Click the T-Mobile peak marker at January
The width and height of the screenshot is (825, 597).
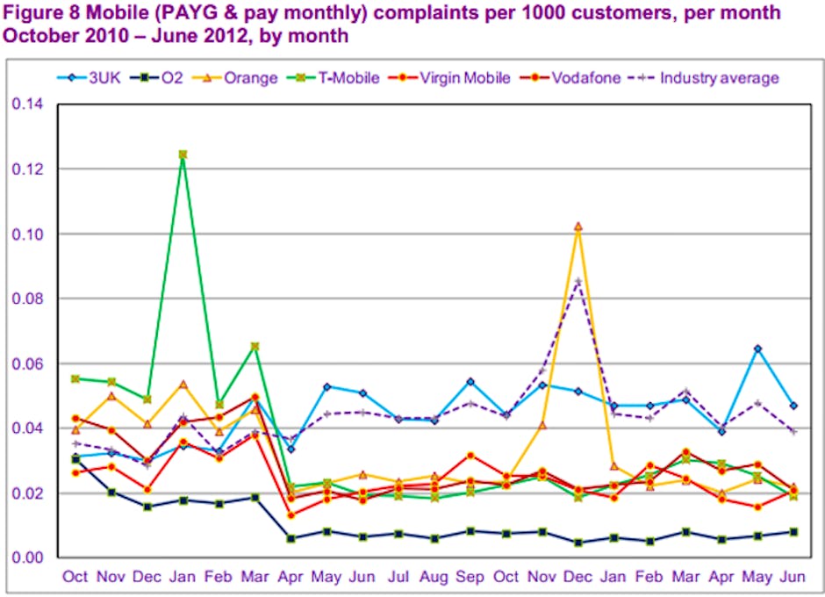183,155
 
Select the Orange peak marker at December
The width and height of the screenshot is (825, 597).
577,227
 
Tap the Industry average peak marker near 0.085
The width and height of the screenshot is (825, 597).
577,282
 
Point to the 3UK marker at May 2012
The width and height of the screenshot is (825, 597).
757,349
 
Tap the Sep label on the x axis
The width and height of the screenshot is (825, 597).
470,577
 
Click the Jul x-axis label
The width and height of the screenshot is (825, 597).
398,577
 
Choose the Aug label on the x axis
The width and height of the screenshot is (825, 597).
434,577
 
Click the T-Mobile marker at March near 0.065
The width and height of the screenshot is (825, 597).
255,347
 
